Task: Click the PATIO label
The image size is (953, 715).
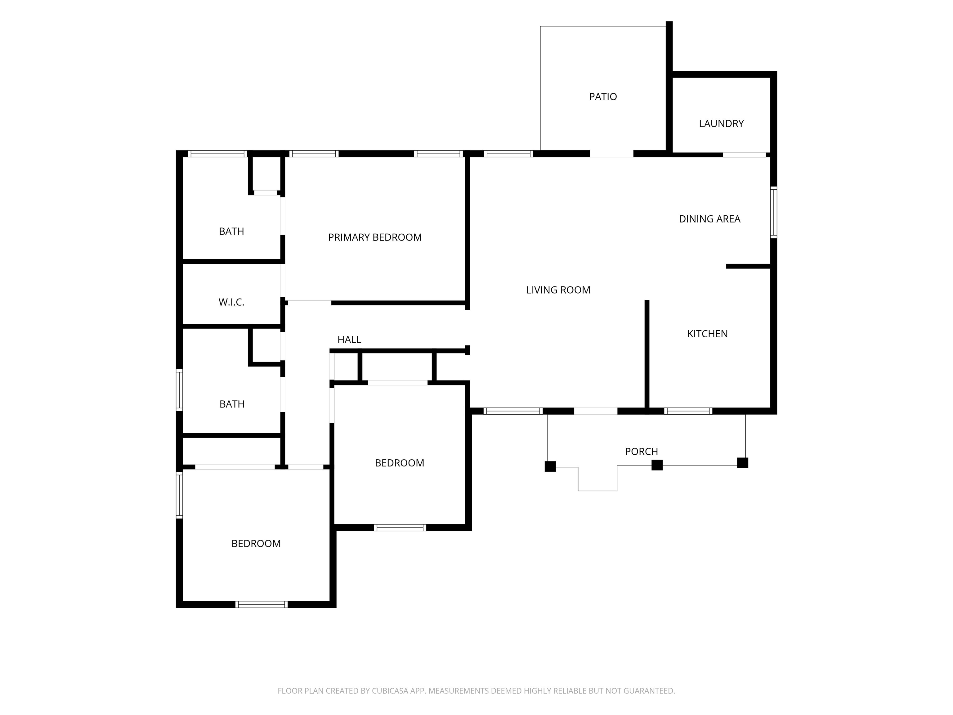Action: (x=603, y=97)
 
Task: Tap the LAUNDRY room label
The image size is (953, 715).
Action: (x=721, y=124)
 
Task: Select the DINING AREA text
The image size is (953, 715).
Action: (x=709, y=219)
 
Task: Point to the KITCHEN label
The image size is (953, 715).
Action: (x=707, y=334)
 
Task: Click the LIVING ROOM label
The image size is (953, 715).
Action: (x=558, y=290)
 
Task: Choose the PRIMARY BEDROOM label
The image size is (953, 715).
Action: (x=375, y=237)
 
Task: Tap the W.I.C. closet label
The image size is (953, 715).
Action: (x=231, y=302)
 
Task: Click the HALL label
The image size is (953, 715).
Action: (x=349, y=340)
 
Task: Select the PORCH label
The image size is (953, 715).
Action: (x=642, y=452)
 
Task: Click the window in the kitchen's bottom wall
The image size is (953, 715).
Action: (x=688, y=411)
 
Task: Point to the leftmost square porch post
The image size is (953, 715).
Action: (x=550, y=466)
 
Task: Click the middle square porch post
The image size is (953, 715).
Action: (x=657, y=465)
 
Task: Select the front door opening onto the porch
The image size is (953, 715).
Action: (x=596, y=411)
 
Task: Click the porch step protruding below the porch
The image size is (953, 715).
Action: (x=597, y=479)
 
